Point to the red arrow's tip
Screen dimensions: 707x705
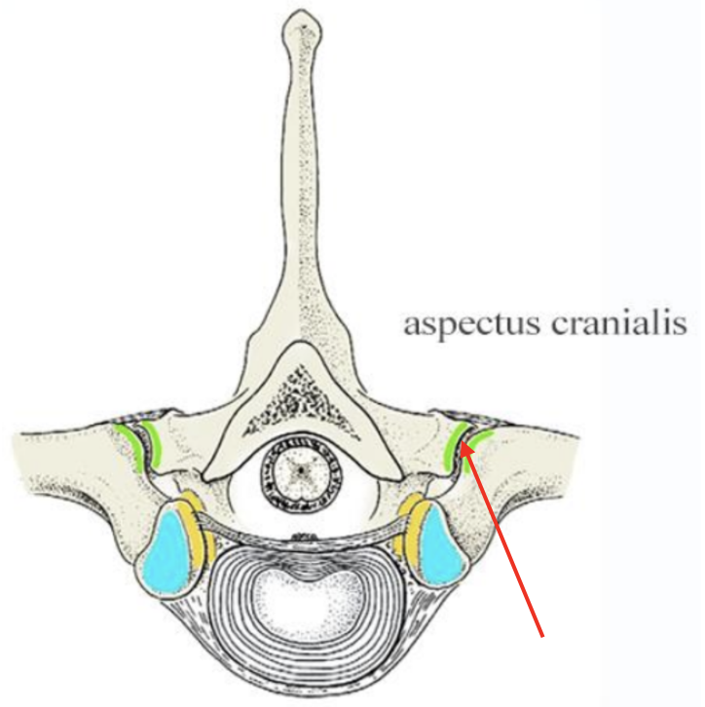(x=464, y=445)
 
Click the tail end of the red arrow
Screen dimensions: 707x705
(x=542, y=635)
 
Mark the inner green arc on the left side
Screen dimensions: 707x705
(x=154, y=443)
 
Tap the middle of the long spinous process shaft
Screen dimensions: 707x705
(x=302, y=195)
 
